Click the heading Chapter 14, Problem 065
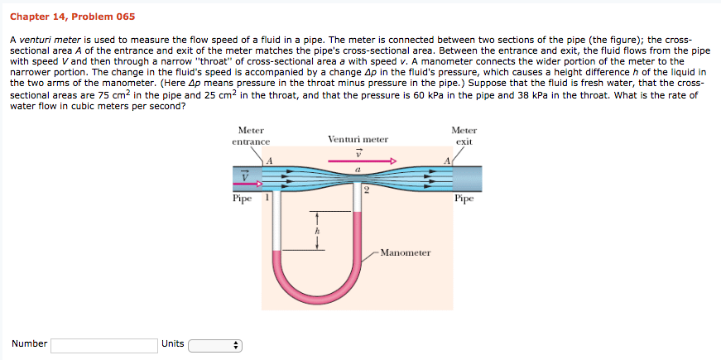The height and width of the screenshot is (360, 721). [73, 17]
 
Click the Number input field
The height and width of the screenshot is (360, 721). [103, 344]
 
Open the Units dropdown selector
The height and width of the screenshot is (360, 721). [214, 344]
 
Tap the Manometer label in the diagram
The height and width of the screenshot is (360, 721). [405, 252]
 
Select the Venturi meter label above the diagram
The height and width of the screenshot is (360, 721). [358, 139]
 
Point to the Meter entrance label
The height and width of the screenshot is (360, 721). [251, 137]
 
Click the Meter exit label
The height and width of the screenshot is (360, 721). [464, 137]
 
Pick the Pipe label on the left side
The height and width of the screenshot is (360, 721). [243, 199]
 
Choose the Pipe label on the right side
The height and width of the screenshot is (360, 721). [464, 199]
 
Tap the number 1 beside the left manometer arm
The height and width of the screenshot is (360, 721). [266, 199]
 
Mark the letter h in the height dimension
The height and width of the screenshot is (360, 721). [316, 233]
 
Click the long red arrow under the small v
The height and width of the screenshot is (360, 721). [358, 161]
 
